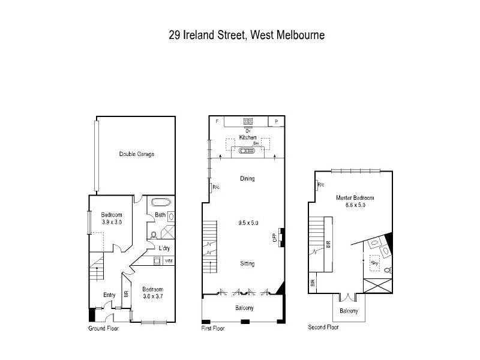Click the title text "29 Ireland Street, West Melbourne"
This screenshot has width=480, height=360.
pos(247,35)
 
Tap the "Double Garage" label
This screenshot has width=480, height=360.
pos(136,154)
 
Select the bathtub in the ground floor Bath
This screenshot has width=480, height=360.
pos(161,202)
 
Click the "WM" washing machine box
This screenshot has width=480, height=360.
pos(169,260)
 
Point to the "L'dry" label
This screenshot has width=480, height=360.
pos(164,248)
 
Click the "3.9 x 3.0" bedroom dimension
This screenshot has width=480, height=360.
pos(112,222)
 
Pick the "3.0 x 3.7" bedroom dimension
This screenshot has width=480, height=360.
pos(152,296)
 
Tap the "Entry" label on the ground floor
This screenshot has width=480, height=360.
pos(109,295)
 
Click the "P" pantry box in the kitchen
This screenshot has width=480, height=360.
pos(276,121)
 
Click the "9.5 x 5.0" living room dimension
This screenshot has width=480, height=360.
pos(247,223)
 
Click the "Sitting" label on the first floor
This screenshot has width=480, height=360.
pos(247,263)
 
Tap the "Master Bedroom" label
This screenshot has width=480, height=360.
pos(355,198)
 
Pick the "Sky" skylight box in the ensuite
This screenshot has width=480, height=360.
pos(374,262)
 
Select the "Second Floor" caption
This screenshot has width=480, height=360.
pos(323,328)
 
